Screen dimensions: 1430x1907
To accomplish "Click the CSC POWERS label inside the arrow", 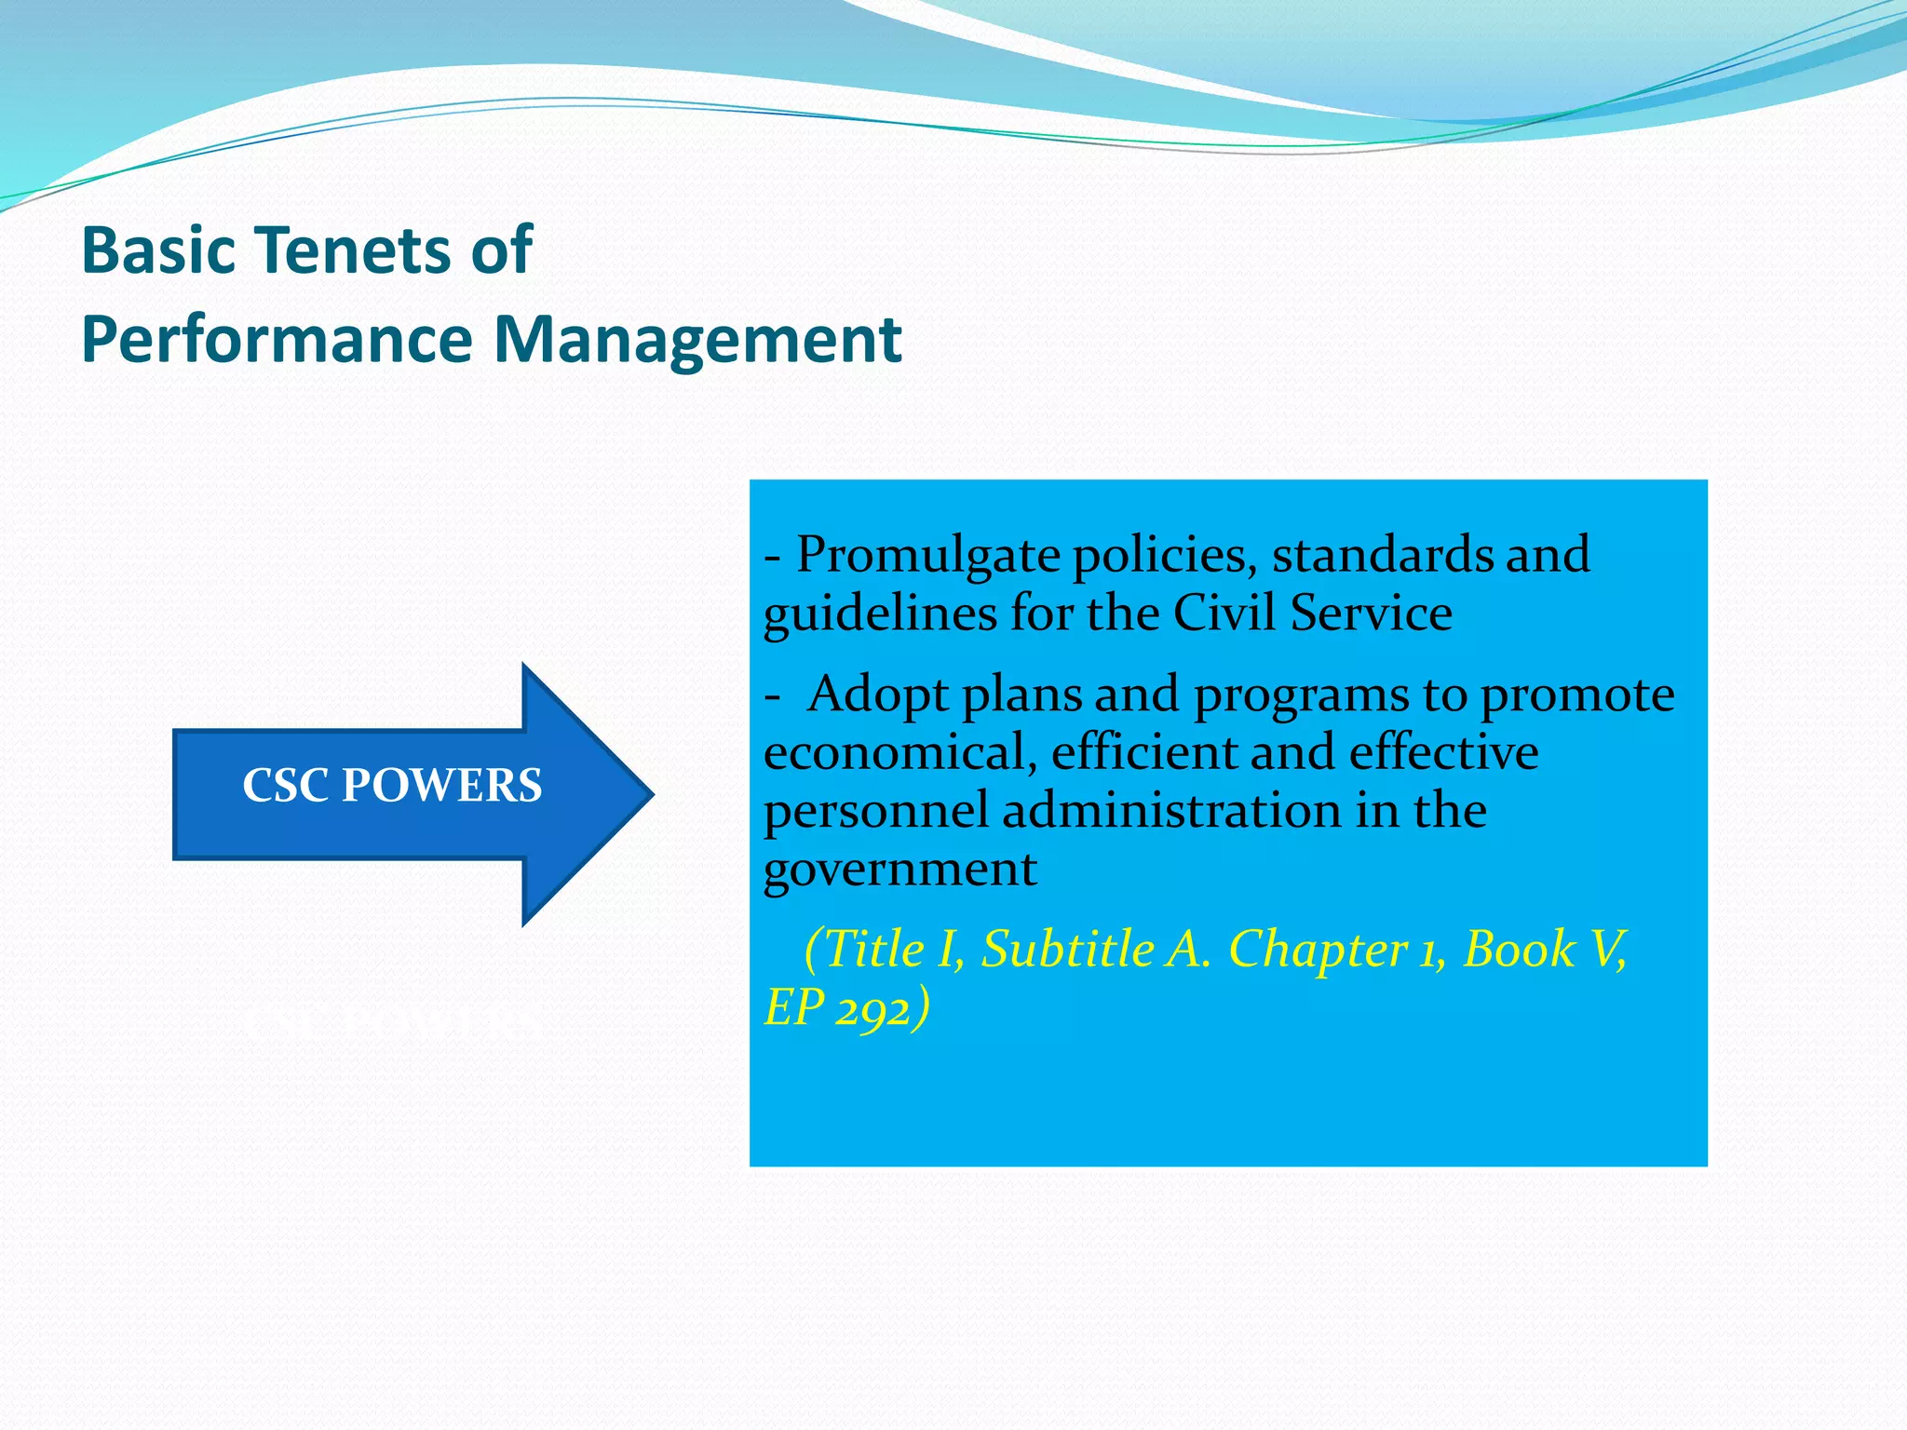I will point(392,786).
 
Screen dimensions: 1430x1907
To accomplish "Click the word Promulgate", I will point(927,557).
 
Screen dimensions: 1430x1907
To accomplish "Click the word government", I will point(899,870).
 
